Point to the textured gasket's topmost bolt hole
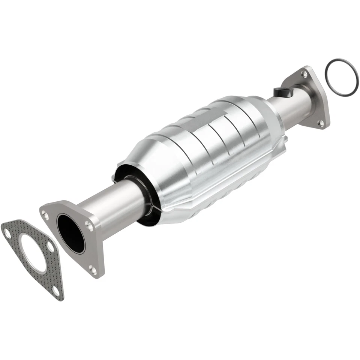pyautogui.click(x=7, y=232)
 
